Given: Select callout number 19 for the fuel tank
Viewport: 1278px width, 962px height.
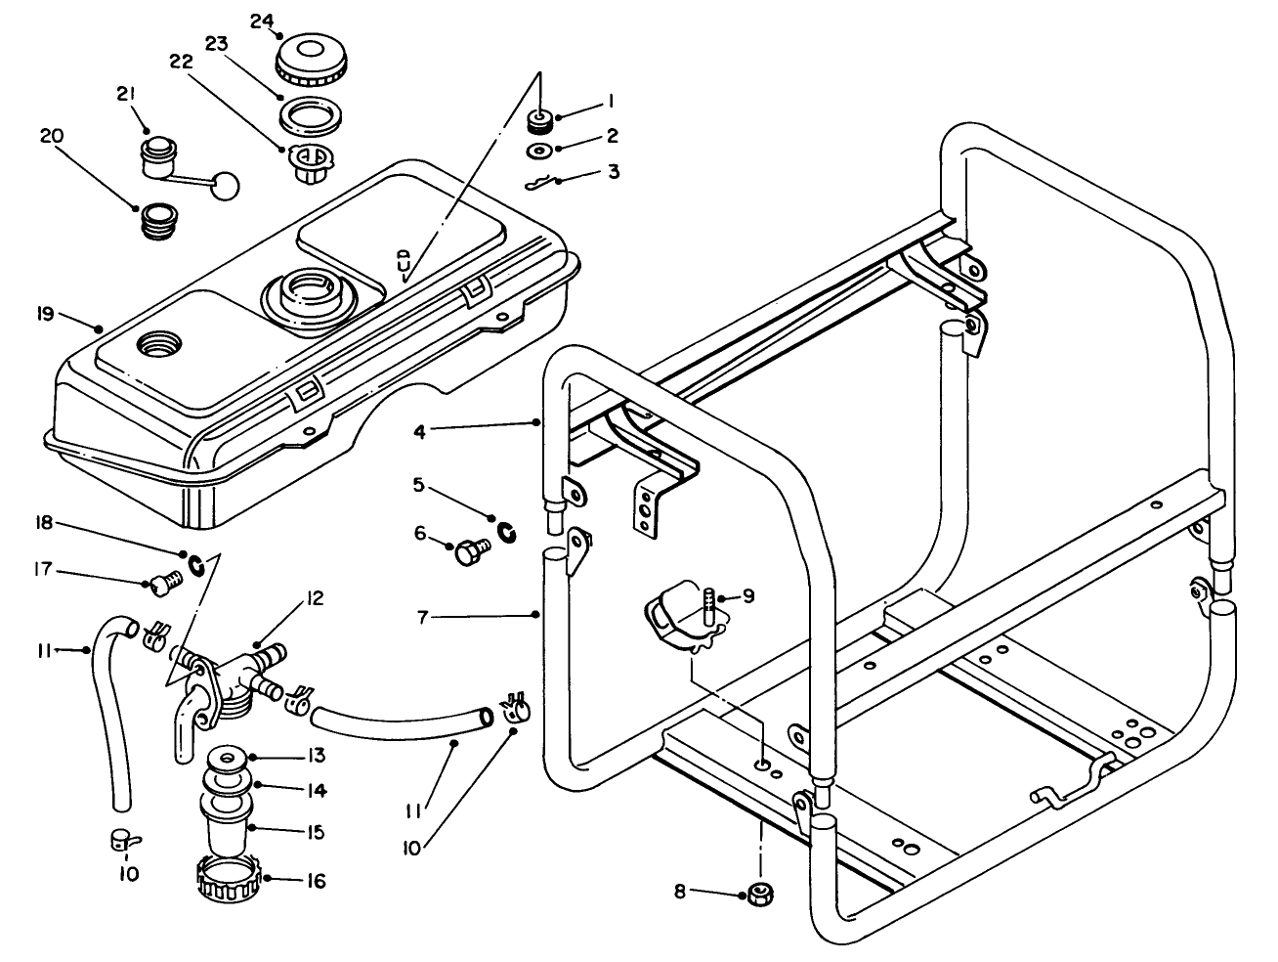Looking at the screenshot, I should coord(43,314).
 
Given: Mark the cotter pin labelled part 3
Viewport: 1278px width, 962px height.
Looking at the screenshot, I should coord(538,183).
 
